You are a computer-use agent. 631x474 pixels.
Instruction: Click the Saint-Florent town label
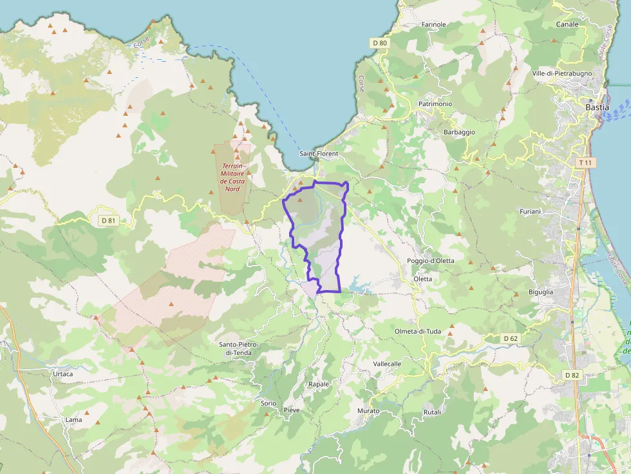pos(319,154)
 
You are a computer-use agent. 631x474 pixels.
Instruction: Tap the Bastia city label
pos(597,107)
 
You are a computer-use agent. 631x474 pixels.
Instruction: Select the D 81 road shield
pos(109,221)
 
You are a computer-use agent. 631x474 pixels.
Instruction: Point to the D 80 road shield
pos(380,43)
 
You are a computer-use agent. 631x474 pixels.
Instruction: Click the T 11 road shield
pos(585,163)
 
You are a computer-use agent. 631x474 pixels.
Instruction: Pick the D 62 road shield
pos(511,338)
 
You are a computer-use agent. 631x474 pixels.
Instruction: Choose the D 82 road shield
pos(572,375)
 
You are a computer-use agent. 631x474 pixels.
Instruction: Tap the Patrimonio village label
pos(435,104)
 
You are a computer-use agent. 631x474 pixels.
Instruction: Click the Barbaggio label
pos(459,132)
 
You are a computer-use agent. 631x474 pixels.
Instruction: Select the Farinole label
pos(433,24)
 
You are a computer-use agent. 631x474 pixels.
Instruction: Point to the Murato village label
pos(368,410)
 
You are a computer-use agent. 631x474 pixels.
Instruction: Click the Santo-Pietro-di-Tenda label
pos(240,349)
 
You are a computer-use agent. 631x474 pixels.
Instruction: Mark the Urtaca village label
pos(62,374)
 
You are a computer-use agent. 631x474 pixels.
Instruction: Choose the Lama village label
pos(73,420)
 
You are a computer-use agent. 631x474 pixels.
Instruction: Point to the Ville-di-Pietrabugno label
pos(561,73)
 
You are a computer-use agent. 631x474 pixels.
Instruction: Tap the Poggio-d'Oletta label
pos(430,260)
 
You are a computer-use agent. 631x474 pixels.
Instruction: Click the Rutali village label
pos(432,412)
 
